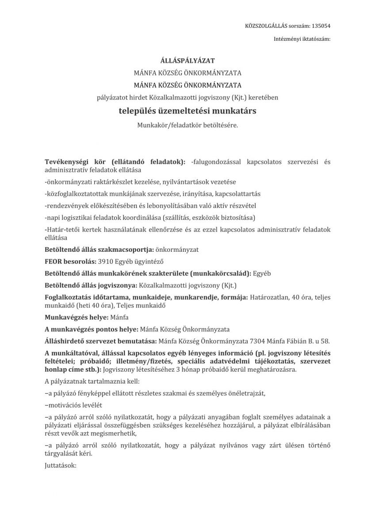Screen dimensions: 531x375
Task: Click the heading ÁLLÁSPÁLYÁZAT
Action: click(x=187, y=61)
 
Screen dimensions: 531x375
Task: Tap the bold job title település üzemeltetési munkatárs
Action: click(x=187, y=111)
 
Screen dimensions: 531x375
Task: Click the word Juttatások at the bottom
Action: click(x=61, y=466)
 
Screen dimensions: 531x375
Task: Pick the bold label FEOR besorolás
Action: click(x=69, y=262)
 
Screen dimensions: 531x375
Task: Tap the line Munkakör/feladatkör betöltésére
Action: click(x=187, y=125)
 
